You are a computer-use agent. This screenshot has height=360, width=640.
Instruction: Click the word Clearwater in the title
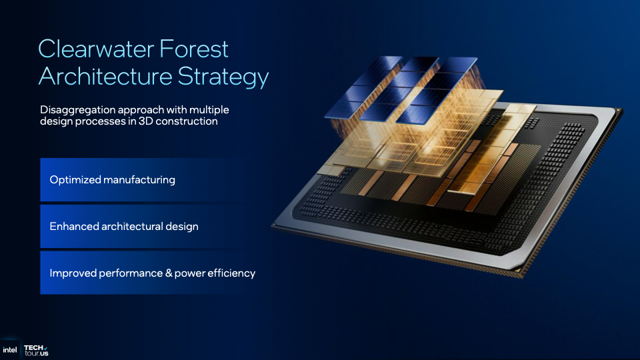point(96,49)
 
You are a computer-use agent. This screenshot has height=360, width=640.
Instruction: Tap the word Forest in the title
point(194,49)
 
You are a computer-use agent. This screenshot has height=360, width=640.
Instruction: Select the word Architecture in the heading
point(105,75)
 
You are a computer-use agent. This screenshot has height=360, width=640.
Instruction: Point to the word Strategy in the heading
point(223,77)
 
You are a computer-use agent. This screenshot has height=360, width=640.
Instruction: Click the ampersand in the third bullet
point(169,273)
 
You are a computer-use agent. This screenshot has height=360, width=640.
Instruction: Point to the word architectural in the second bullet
point(132,227)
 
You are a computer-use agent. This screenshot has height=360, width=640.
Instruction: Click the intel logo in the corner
point(10,350)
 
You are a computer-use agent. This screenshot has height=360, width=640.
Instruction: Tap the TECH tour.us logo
point(36,351)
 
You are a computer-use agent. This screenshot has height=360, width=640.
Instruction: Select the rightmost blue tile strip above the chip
point(437,91)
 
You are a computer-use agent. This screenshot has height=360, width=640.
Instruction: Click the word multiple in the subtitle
point(209,110)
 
